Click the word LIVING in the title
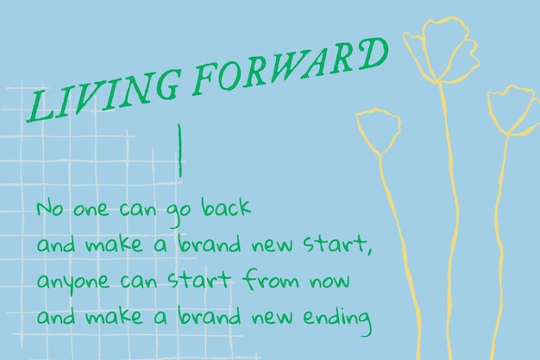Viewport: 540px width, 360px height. tap(104, 96)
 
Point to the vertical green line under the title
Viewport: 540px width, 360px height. tap(179, 150)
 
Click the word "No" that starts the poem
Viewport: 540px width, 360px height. tap(50, 209)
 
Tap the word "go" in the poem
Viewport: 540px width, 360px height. tap(179, 213)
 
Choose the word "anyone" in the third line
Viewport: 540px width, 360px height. tap(72, 282)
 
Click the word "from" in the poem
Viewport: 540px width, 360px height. tap(271, 280)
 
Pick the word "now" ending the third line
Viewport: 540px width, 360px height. tap(330, 281)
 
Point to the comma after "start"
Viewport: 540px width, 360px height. tap(369, 249)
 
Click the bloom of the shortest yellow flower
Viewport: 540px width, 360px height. tap(379, 130)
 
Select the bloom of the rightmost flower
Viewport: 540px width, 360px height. tap(514, 111)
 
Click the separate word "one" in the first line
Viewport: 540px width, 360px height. tap(91, 209)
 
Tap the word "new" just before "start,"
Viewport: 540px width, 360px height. tap(272, 245)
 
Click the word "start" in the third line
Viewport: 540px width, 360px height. tap(198, 280)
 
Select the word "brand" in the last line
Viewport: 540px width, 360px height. tap(209, 315)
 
